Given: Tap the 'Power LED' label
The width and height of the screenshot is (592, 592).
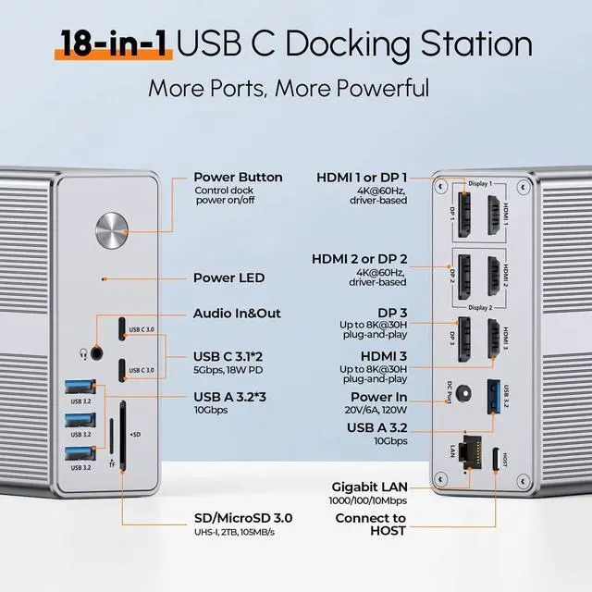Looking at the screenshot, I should (228, 277).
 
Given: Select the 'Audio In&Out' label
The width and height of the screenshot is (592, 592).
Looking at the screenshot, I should (237, 313).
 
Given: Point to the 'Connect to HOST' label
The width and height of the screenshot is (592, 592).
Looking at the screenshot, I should (371, 524).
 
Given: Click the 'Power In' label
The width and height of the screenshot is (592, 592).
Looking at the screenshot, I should (377, 397).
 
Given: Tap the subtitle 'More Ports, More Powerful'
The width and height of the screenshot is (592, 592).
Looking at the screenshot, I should (289, 89).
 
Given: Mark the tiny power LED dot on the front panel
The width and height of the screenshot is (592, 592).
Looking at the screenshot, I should (104, 277).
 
